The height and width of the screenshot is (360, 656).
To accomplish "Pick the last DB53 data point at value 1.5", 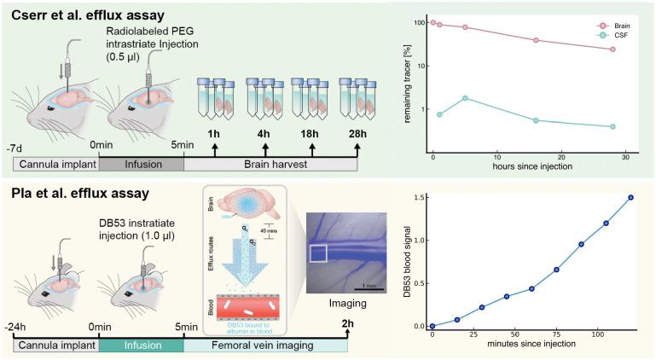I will (630, 197).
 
